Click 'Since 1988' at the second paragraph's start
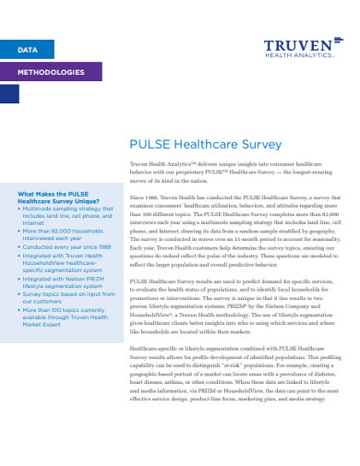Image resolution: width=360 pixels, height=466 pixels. [x=148, y=198]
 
